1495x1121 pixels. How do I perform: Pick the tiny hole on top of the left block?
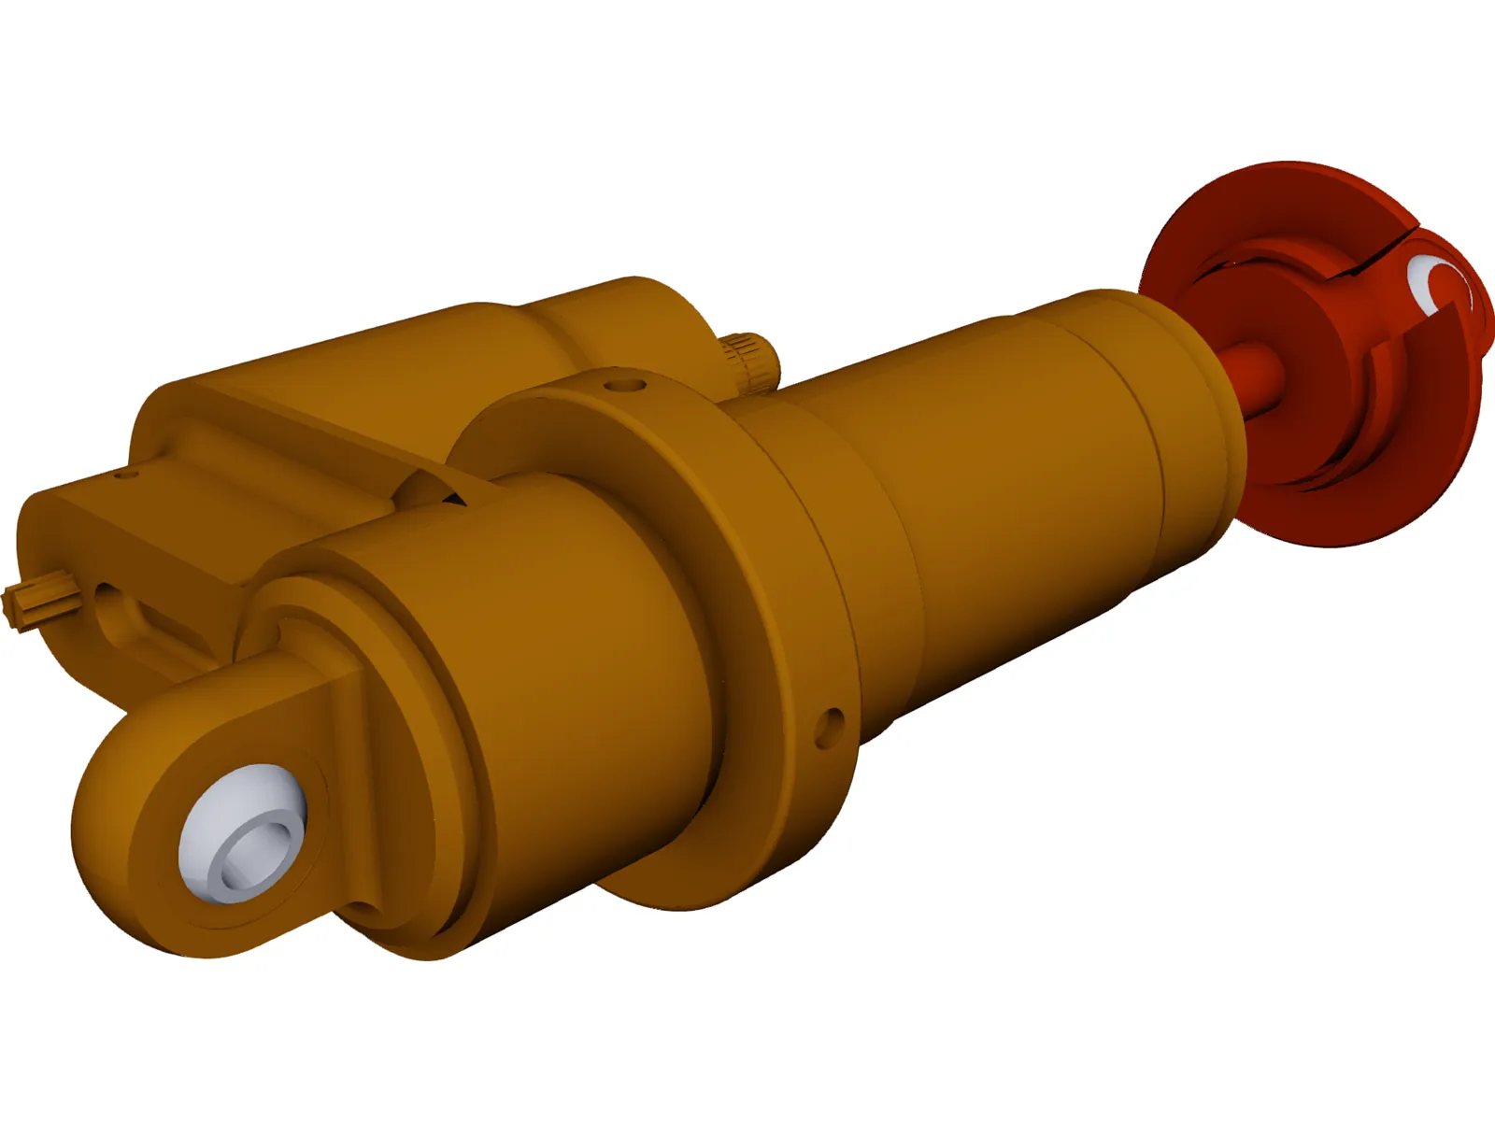point(122,475)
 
